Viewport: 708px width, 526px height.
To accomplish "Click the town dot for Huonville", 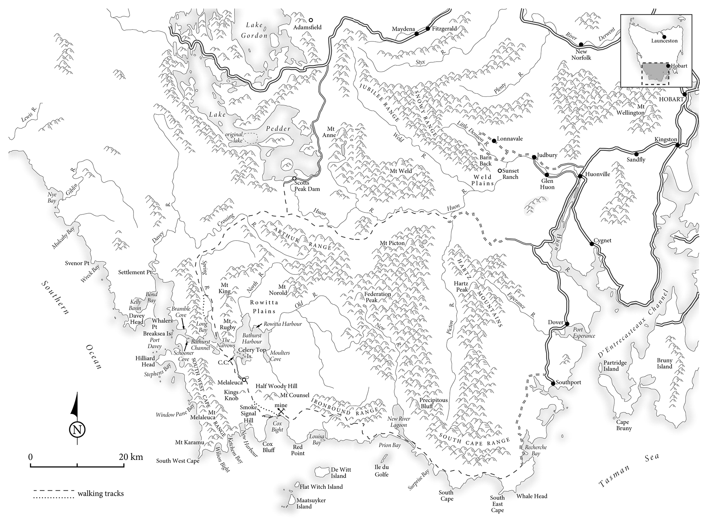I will [580, 176].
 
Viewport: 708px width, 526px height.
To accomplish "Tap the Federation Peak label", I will [377, 297].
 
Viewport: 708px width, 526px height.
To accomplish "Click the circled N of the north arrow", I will [77, 430].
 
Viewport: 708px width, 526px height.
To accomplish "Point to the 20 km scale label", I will [131, 457].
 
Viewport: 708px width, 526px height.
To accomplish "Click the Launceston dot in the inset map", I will [664, 36].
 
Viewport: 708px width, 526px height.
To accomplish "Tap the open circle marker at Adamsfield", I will [311, 20].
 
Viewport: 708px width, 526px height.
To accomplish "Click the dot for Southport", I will [553, 384].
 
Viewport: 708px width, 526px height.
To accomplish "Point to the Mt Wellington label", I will [631, 110].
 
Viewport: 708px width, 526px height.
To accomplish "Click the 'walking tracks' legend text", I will [101, 494].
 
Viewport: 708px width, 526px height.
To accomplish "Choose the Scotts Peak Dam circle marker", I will [294, 179].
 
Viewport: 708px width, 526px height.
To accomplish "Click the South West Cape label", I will [177, 461].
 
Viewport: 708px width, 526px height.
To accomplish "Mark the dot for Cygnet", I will [591, 243].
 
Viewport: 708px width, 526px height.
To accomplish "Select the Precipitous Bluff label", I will [433, 403].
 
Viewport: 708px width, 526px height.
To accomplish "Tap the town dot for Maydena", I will [416, 34].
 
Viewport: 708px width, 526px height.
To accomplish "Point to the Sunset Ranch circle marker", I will [499, 171].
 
